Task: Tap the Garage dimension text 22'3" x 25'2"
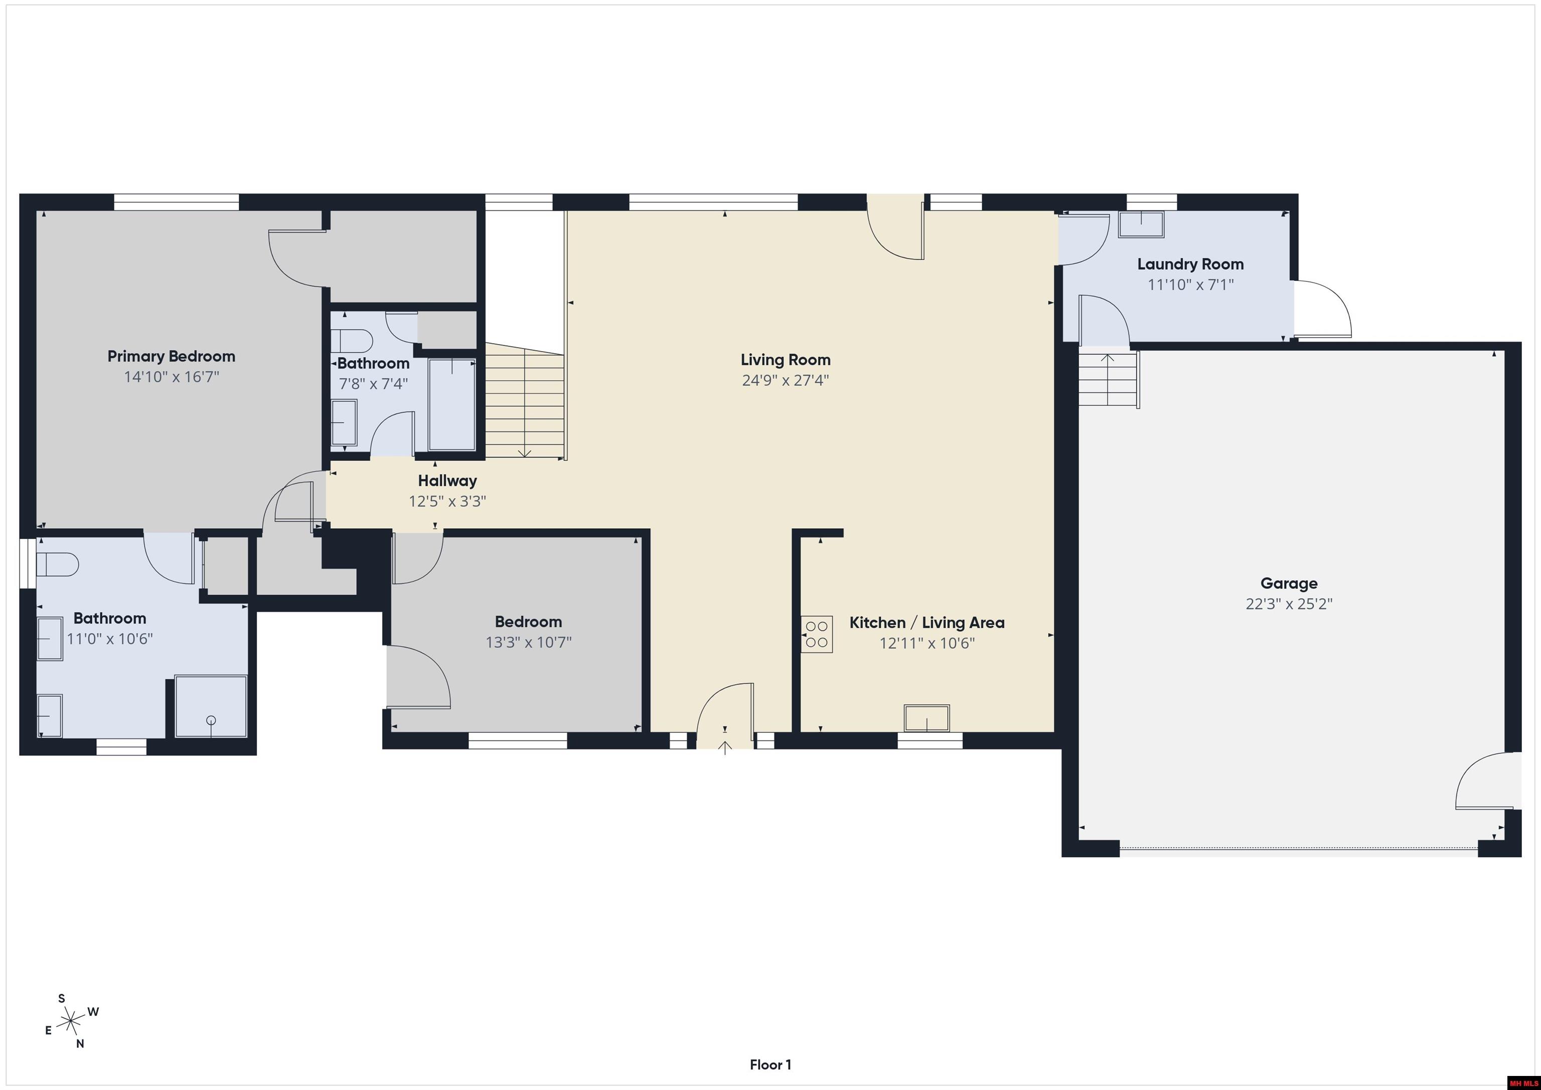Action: (1289, 603)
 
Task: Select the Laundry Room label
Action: (1190, 264)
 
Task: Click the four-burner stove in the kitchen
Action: (817, 634)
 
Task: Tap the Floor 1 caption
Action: (770, 1065)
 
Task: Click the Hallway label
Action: (447, 481)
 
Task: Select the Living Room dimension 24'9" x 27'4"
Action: (785, 380)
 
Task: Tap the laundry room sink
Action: (1141, 224)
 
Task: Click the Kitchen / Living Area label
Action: (927, 623)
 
